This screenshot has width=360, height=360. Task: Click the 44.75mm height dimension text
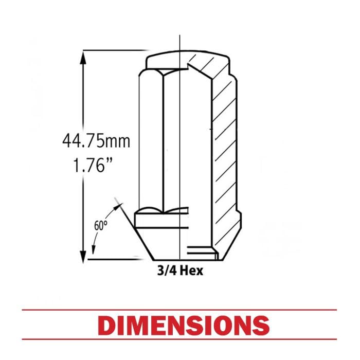tap(96, 141)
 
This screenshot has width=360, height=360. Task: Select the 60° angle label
tap(101, 226)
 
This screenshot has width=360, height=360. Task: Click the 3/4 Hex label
tap(180, 271)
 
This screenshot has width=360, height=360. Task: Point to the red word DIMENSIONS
tap(183, 325)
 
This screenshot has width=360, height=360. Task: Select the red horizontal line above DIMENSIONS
tap(179, 310)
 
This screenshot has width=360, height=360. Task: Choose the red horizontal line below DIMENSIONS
tap(179, 339)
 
